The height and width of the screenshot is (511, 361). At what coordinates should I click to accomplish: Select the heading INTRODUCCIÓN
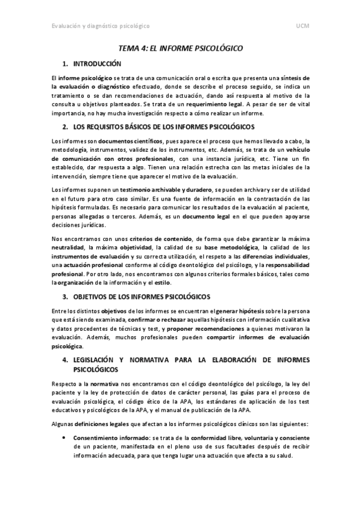tap(97, 63)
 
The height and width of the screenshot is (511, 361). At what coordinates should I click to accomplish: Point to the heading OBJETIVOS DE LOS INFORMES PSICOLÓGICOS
tap(141, 298)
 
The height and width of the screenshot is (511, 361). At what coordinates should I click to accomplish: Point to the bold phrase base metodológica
tap(229, 248)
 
